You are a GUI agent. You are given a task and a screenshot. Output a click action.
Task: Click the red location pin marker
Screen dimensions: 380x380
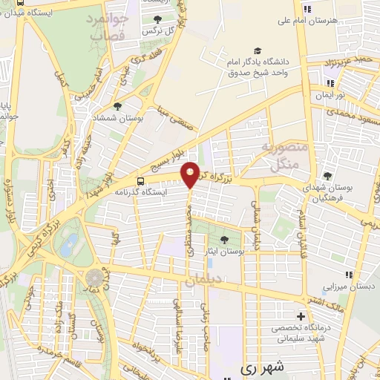click(x=191, y=174)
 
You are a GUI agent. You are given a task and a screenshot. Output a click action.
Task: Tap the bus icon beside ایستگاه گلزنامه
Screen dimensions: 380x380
click(x=141, y=181)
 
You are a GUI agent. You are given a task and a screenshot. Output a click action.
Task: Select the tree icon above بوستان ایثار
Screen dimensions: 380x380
click(x=224, y=239)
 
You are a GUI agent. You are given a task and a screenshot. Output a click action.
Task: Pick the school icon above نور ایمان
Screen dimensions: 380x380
click(x=329, y=83)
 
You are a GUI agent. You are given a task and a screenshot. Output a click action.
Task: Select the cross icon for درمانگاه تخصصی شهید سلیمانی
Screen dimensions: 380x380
click(x=301, y=316)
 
